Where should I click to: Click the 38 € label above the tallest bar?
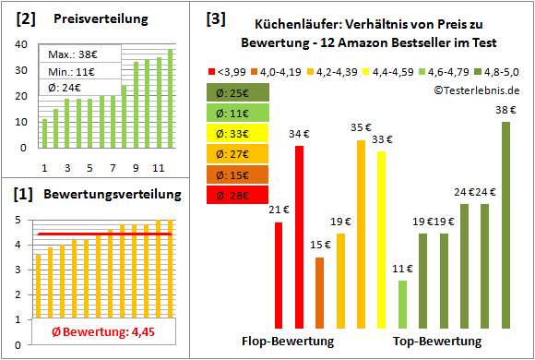(505, 109)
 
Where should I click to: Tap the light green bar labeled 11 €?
(402, 305)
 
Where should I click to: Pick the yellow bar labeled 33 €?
(381, 239)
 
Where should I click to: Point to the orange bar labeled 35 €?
(361, 234)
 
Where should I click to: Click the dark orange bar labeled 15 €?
(319, 293)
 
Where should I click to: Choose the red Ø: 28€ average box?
(238, 196)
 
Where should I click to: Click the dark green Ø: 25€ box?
(238, 93)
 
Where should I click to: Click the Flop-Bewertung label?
(287, 342)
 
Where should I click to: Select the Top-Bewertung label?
(437, 342)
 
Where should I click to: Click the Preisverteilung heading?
(91, 19)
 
